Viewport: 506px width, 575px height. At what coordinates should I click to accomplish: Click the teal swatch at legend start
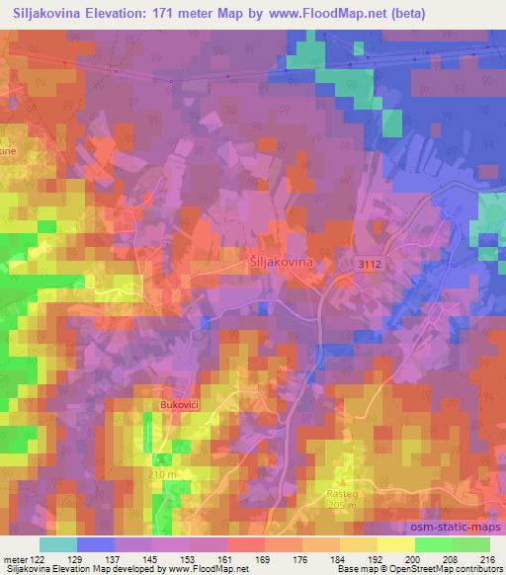tap(58, 544)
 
